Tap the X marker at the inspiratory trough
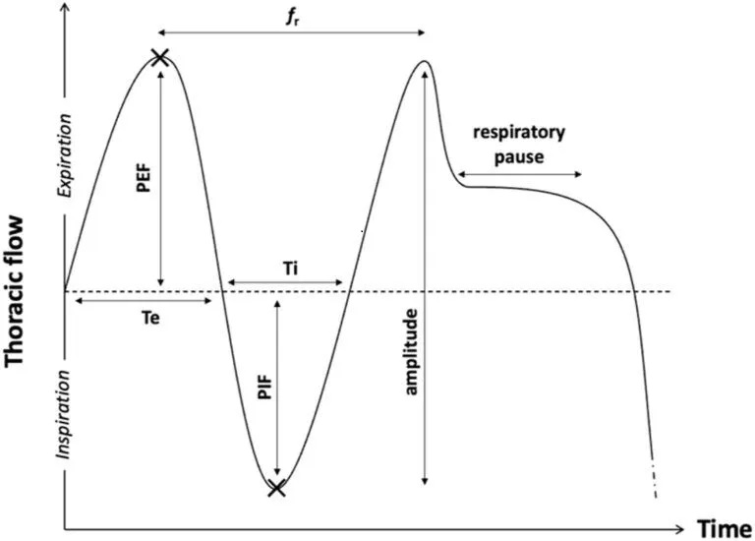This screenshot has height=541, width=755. [277, 487]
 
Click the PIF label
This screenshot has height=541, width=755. [263, 388]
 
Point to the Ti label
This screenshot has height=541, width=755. [284, 268]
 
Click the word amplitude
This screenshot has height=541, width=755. [411, 352]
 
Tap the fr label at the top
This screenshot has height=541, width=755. [291, 16]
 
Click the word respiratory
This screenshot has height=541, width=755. [519, 132]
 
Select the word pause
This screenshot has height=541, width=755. [518, 154]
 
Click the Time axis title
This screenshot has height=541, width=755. [726, 529]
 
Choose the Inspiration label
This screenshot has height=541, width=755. [66, 414]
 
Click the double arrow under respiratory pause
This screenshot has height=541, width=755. [518, 174]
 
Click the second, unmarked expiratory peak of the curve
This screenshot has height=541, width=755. [423, 63]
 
